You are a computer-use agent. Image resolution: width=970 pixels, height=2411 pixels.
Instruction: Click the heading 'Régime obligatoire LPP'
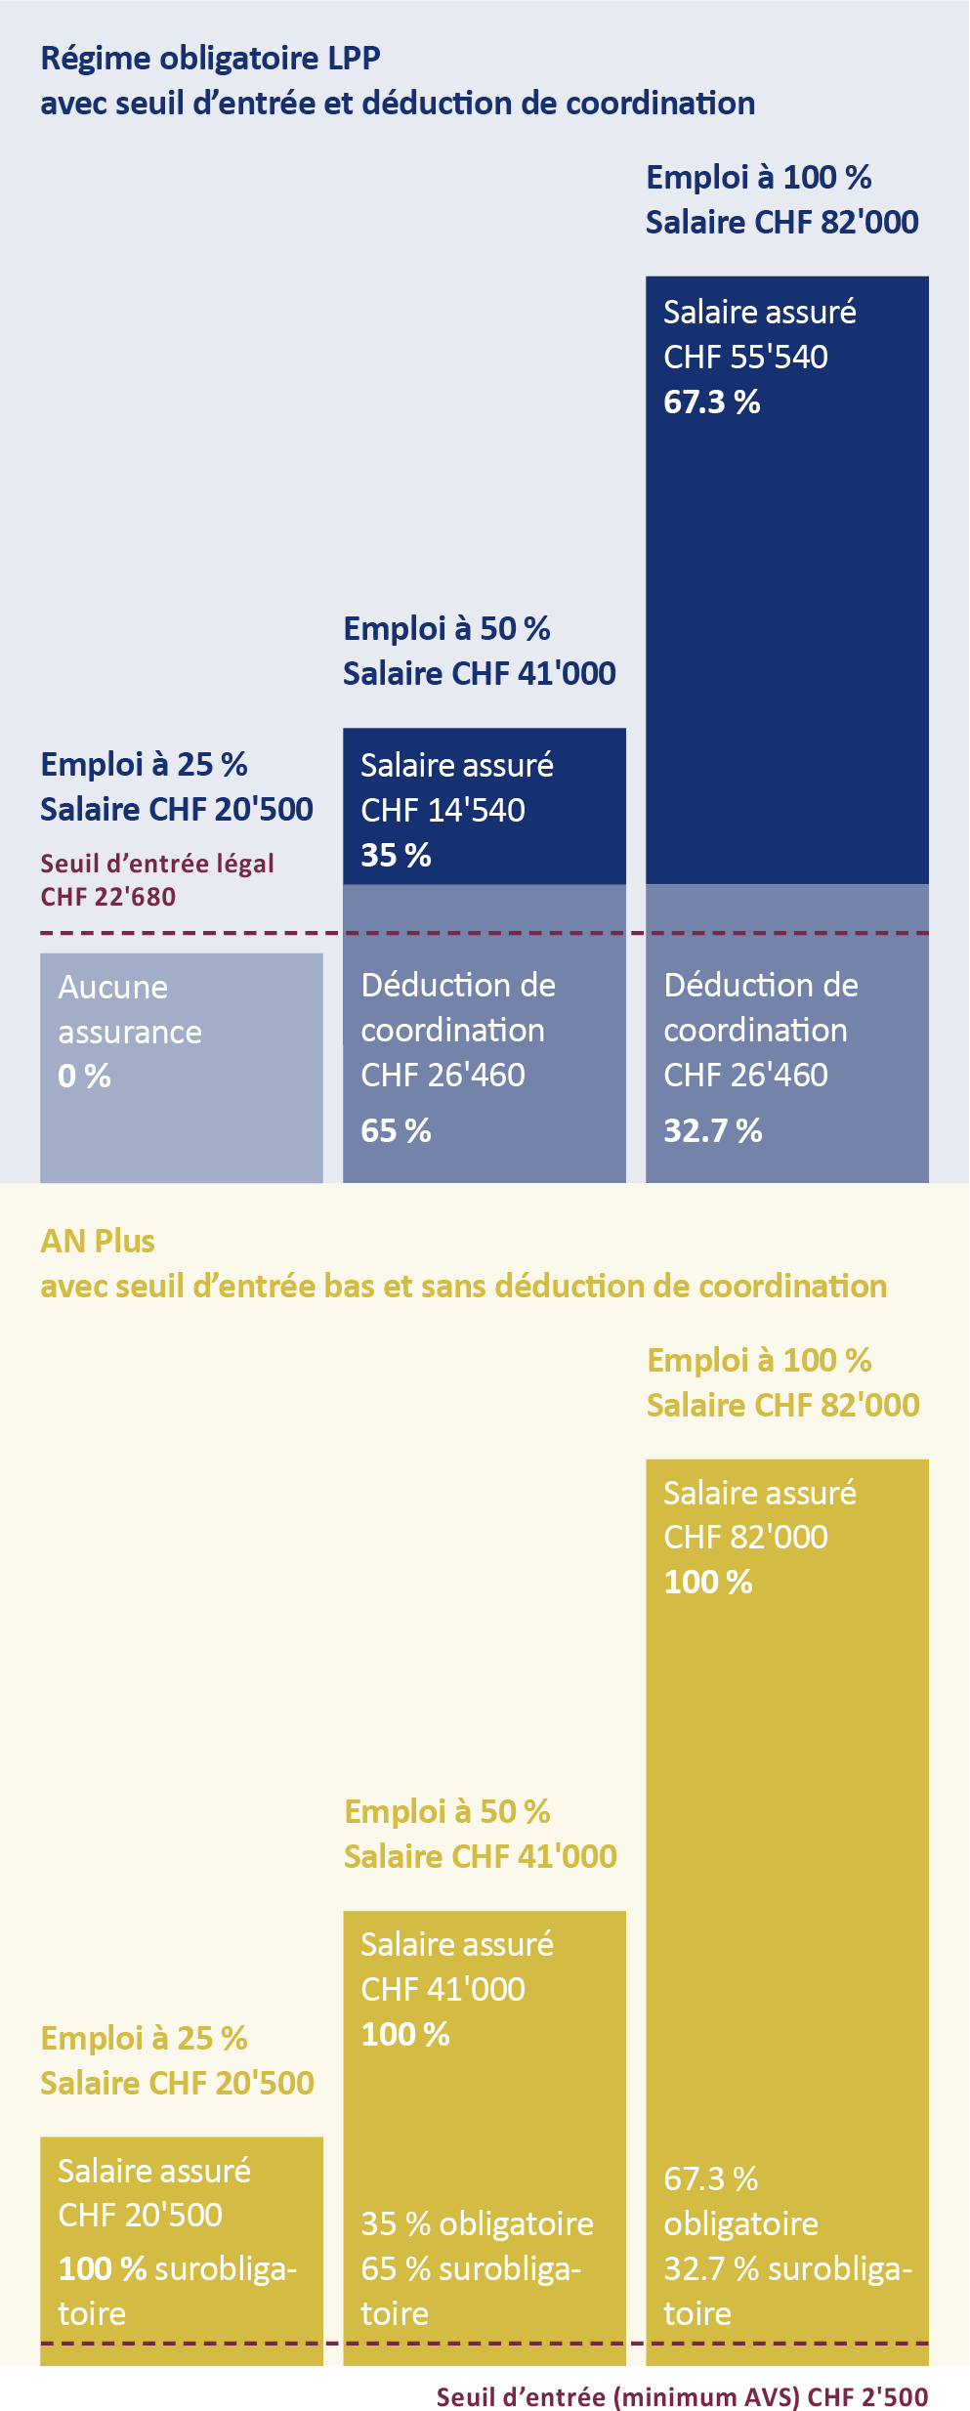click(210, 59)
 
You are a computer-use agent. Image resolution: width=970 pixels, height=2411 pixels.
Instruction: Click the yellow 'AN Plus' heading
click(98, 1241)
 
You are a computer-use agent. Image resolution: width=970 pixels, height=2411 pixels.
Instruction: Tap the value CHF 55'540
click(745, 358)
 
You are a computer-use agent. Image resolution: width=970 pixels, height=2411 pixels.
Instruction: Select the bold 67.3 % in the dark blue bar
click(711, 402)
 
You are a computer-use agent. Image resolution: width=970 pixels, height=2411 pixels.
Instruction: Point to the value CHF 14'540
click(443, 810)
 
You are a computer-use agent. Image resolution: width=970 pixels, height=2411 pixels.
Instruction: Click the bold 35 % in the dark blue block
click(396, 855)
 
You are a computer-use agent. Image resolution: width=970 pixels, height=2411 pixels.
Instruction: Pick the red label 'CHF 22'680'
click(108, 897)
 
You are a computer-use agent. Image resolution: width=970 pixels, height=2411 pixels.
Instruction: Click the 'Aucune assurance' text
click(129, 1009)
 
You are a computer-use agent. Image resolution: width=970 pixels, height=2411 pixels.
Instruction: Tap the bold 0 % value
click(84, 1077)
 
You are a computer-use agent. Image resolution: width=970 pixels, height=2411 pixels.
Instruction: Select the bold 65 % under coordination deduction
click(396, 1130)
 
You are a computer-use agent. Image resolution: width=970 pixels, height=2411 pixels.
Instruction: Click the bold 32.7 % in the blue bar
click(712, 1130)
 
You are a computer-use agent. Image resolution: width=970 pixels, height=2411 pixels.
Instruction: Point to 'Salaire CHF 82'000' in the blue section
click(781, 223)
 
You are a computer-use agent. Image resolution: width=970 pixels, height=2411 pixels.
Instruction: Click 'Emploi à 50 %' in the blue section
click(446, 628)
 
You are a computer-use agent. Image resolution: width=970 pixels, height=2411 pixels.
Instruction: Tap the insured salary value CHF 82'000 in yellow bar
click(745, 1538)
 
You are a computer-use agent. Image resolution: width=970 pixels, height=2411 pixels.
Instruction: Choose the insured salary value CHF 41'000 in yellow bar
click(443, 1989)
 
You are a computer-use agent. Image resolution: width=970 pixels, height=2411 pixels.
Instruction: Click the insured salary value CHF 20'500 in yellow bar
click(140, 2215)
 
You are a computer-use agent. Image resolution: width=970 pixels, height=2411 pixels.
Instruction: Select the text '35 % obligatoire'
click(477, 2224)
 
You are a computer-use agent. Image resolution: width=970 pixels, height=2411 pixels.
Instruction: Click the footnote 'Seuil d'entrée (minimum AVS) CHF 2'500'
click(682, 2390)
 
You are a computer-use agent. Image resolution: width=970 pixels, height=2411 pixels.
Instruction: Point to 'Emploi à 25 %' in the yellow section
click(144, 2038)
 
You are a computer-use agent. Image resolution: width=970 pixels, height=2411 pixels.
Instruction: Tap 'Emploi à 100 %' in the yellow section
click(759, 1360)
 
